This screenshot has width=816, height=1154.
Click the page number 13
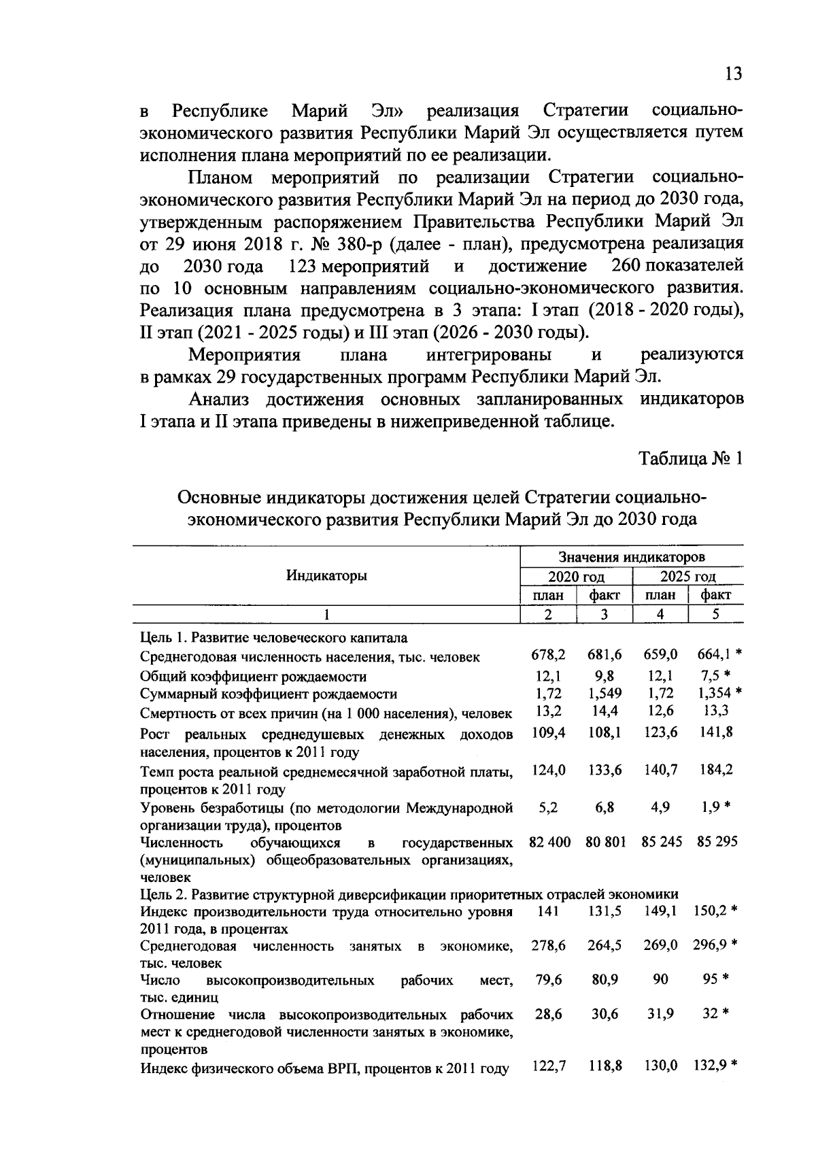[733, 74]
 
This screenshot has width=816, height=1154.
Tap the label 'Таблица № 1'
[690, 459]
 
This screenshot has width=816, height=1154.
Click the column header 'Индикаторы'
[326, 575]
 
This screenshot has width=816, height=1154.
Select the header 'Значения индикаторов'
[632, 557]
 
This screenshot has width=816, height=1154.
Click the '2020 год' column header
[576, 577]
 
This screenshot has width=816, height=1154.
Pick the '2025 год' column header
[688, 577]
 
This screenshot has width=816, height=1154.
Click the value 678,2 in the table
[548, 654]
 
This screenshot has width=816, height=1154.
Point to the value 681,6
[605, 654]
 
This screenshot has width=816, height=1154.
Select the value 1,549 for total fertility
[605, 693]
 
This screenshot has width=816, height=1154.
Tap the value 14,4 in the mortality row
[605, 711]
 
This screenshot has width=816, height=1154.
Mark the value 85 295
[717, 842]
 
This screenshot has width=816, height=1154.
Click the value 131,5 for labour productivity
[605, 911]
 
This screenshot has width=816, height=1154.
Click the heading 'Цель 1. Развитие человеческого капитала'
[274, 637]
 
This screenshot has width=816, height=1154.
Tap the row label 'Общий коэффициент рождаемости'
[253, 677]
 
